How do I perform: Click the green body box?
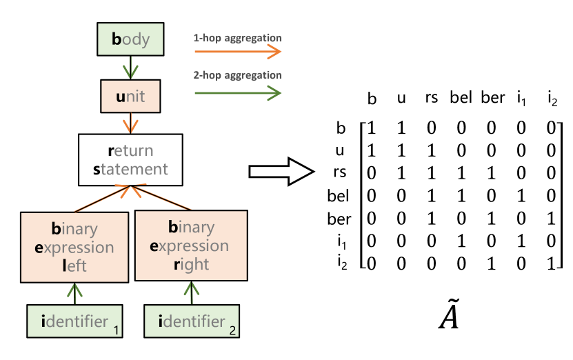[x=130, y=39]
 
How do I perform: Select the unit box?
[x=130, y=96]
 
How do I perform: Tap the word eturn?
[x=134, y=151]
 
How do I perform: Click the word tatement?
[x=134, y=169]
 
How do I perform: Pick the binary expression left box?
[x=74, y=247]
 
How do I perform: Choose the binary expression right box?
[x=191, y=246]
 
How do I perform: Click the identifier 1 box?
[x=74, y=321]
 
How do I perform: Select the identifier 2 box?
[x=192, y=321]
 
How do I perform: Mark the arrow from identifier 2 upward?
[x=192, y=292]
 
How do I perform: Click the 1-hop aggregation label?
[x=237, y=38]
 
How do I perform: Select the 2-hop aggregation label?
[x=237, y=75]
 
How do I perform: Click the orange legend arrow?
[x=237, y=52]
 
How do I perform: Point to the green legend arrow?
[x=237, y=92]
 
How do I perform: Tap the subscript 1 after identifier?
[x=117, y=331]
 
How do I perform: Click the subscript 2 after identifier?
[x=232, y=331]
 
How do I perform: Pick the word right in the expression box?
[x=191, y=264]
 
